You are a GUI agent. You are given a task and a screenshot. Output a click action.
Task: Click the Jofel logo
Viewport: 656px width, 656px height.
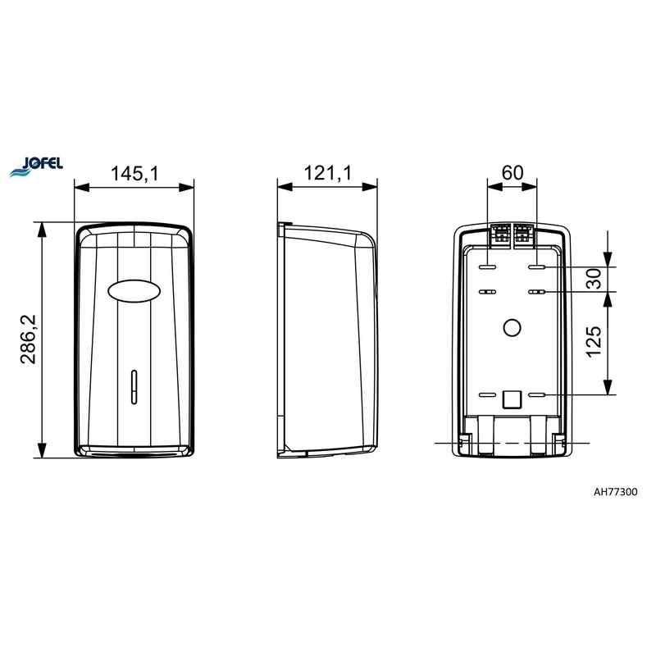(x=36, y=166)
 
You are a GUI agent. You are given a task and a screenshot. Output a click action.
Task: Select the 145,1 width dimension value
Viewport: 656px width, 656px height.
(x=134, y=173)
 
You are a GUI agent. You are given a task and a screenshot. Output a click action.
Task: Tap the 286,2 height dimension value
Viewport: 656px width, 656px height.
(x=30, y=339)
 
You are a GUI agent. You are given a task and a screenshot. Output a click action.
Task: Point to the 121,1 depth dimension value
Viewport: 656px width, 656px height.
(x=327, y=173)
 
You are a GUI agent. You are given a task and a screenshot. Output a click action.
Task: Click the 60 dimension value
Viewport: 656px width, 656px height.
(x=512, y=172)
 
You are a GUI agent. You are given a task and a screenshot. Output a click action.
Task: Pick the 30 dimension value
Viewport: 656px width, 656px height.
(x=594, y=279)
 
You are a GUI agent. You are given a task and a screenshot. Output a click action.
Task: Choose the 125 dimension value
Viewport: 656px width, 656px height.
(x=594, y=342)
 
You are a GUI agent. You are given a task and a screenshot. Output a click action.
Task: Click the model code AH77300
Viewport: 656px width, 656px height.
(x=616, y=491)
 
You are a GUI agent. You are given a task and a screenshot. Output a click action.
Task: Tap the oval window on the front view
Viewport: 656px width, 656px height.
(x=134, y=291)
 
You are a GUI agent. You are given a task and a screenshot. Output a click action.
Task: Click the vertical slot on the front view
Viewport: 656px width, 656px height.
(x=134, y=387)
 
